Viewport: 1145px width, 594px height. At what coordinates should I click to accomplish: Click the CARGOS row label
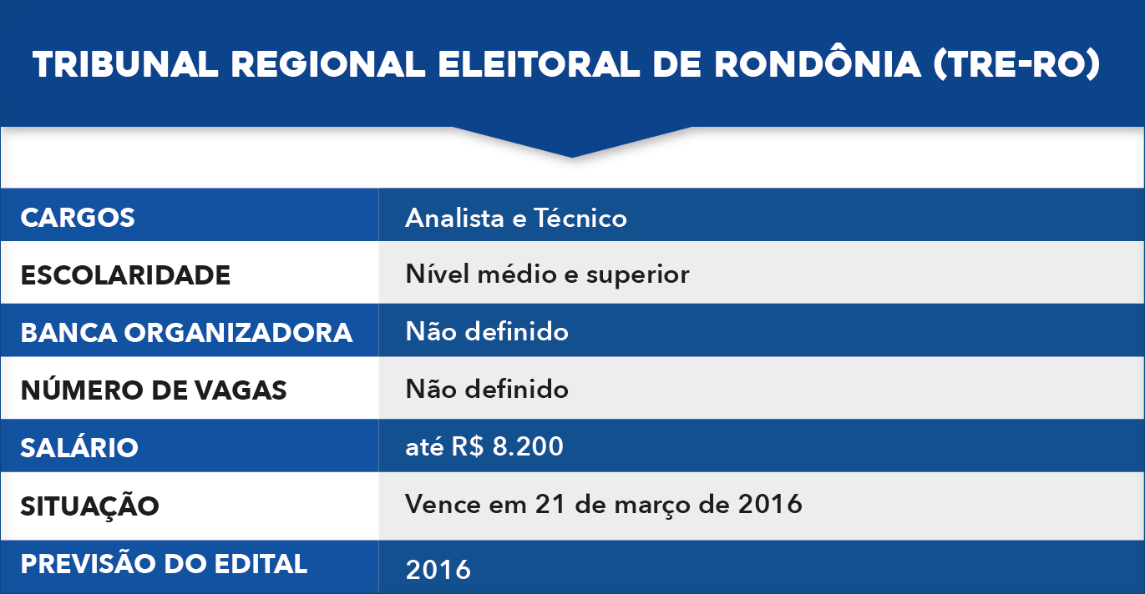pyautogui.click(x=78, y=218)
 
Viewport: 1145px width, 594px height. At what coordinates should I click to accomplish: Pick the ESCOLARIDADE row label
pyautogui.click(x=125, y=274)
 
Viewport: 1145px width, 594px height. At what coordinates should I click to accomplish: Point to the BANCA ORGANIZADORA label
pyautogui.click(x=186, y=332)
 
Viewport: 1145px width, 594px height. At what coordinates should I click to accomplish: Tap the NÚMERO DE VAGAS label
pyautogui.click(x=154, y=390)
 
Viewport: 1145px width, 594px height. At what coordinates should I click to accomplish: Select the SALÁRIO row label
pyautogui.click(x=79, y=447)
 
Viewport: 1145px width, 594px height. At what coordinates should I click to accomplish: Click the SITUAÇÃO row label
pyautogui.click(x=89, y=505)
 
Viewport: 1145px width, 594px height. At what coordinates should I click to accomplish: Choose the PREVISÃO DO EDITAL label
pyautogui.click(x=164, y=563)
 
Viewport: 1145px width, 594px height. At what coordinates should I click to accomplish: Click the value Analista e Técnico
pyautogui.click(x=516, y=218)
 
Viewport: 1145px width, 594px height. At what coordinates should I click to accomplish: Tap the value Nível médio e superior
pyautogui.click(x=547, y=274)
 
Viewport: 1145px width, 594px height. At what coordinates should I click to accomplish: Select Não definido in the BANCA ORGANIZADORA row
pyautogui.click(x=487, y=331)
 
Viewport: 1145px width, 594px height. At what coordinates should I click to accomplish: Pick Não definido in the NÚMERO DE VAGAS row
pyautogui.click(x=487, y=389)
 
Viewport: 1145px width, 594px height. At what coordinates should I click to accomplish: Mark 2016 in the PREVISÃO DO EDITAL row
pyautogui.click(x=438, y=570)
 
